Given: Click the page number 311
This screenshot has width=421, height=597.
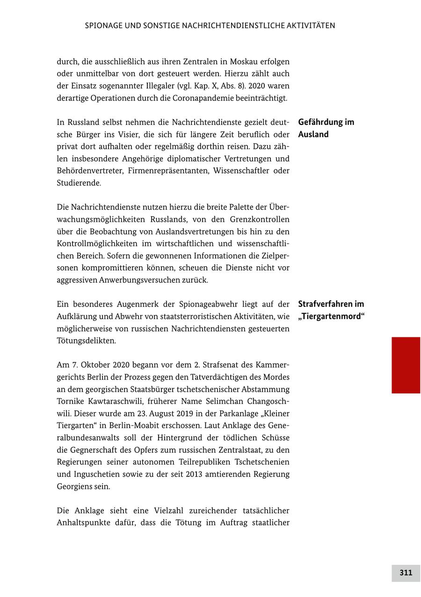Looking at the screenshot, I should click(406, 573).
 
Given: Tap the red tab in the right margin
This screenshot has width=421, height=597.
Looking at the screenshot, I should click(406, 365).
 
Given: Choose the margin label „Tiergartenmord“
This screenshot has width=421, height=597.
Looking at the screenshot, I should click(331, 316).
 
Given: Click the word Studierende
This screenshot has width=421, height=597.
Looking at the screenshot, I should click(79, 183).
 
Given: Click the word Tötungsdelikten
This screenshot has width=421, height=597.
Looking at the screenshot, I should click(86, 341).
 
